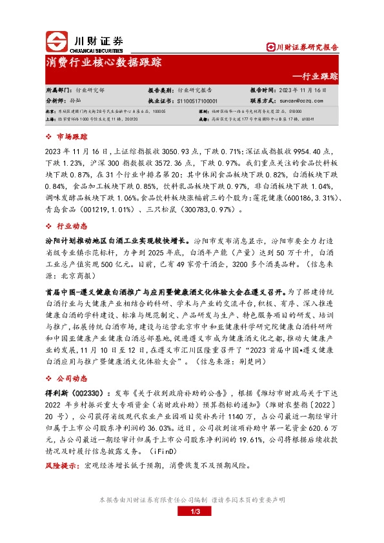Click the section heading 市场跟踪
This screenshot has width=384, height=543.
tap(72, 137)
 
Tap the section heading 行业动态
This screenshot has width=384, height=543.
tap(72, 226)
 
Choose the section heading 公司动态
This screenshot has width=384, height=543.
tap(72, 371)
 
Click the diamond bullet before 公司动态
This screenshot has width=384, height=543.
tap(51, 371)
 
